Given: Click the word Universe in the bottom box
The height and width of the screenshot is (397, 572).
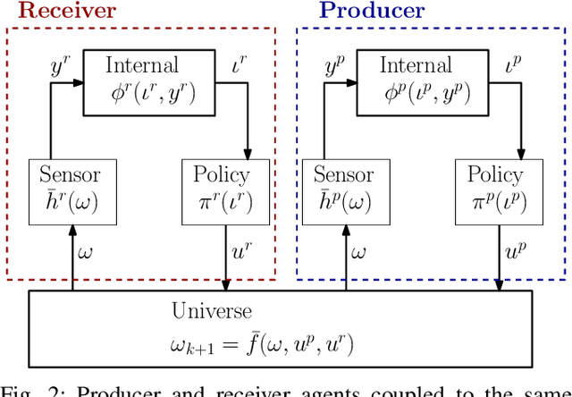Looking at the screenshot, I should (212, 312).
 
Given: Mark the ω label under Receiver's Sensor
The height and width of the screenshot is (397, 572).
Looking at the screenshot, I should (85, 253).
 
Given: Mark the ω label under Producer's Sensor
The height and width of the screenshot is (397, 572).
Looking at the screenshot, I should (358, 253).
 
